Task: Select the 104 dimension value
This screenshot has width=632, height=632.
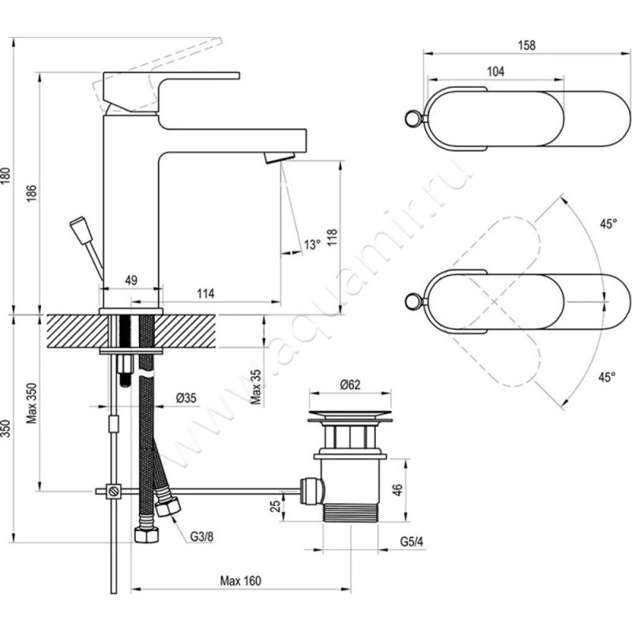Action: [495, 72]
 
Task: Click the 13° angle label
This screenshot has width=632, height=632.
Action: [312, 246]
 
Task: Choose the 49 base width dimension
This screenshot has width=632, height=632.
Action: [131, 280]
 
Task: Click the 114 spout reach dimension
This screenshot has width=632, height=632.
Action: [205, 294]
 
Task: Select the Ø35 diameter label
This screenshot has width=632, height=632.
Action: [186, 398]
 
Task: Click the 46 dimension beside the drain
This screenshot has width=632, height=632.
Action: [398, 488]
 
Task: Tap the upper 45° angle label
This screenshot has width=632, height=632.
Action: [606, 224]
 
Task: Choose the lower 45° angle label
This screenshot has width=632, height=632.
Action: [606, 377]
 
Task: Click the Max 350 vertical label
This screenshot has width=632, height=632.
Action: [32, 403]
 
